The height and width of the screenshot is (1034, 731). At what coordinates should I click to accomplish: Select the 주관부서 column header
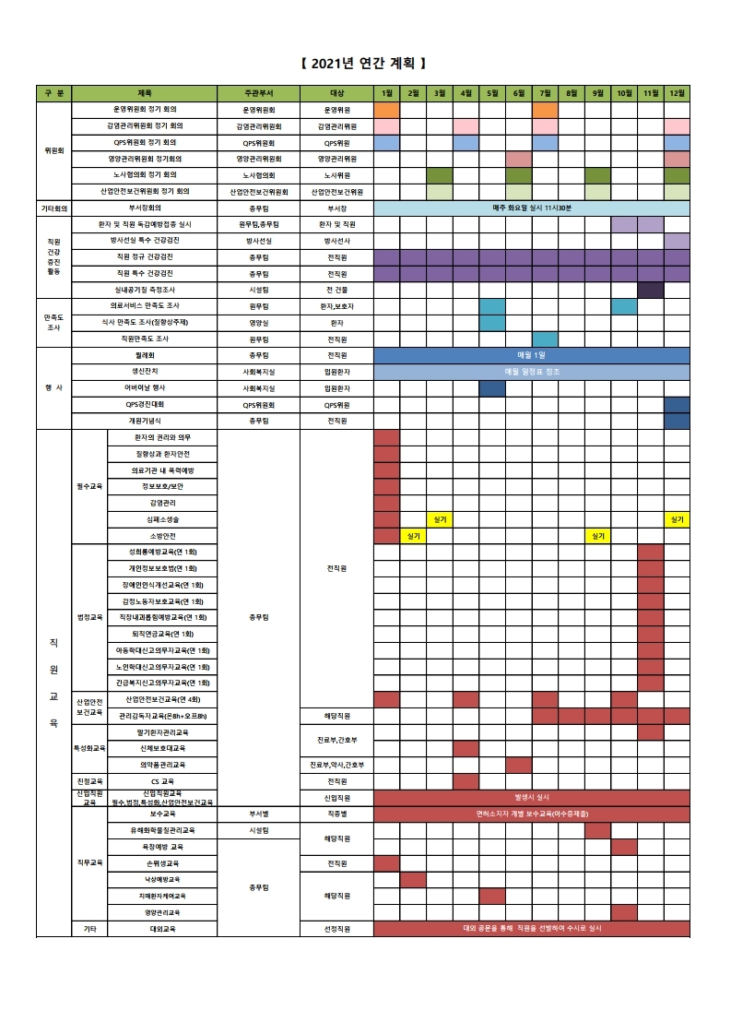click(x=258, y=93)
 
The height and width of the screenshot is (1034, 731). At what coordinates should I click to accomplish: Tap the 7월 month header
click(x=545, y=93)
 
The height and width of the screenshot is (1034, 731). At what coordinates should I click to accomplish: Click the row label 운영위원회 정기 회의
click(x=145, y=110)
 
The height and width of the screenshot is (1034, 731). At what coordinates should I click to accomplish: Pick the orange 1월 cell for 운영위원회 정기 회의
click(x=386, y=110)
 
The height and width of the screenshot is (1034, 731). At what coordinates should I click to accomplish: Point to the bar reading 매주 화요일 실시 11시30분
click(x=532, y=208)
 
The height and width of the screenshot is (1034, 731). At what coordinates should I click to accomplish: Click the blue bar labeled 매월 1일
click(x=532, y=355)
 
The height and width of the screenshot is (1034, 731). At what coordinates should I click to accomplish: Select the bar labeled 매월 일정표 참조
click(x=532, y=372)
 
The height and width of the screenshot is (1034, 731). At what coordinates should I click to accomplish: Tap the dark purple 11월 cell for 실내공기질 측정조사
click(x=651, y=290)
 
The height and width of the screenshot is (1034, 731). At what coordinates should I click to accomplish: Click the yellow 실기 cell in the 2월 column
click(x=413, y=536)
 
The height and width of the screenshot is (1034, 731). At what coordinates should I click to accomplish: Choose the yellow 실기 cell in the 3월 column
click(x=440, y=519)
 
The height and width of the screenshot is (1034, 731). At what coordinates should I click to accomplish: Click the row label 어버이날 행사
click(x=145, y=388)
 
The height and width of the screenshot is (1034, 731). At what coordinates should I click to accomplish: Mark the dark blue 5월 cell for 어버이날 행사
click(x=492, y=388)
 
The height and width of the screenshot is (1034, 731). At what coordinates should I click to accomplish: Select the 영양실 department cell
click(x=258, y=323)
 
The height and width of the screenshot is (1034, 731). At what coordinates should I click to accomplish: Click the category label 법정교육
click(x=90, y=617)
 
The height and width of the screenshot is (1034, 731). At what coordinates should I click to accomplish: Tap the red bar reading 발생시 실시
click(x=532, y=795)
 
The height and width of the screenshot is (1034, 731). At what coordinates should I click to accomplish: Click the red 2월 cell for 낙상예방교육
click(x=413, y=880)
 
